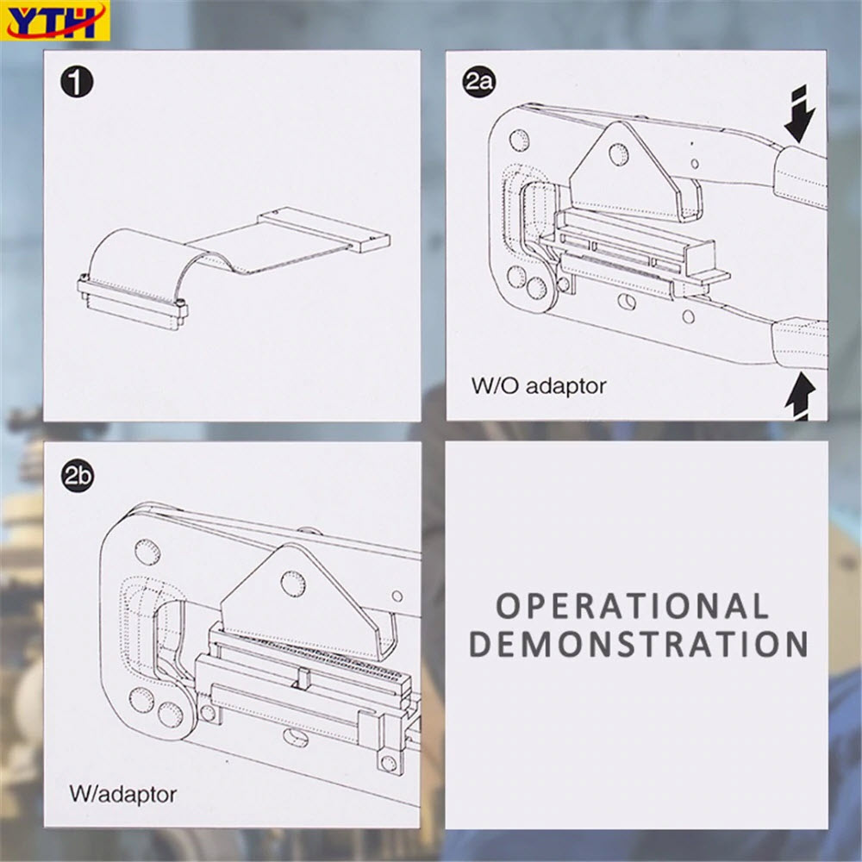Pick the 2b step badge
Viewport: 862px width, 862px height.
[x=78, y=476]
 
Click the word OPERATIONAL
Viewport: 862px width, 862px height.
[x=632, y=606]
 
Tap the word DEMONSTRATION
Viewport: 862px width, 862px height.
[x=638, y=644]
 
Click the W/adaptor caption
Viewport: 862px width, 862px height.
[x=122, y=793]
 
